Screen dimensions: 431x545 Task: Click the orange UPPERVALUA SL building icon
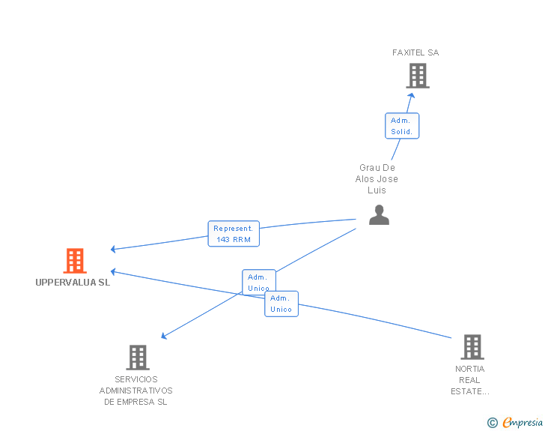[x=75, y=261]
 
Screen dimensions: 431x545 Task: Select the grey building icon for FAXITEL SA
[x=417, y=76]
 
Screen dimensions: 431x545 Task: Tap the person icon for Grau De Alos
[x=379, y=215]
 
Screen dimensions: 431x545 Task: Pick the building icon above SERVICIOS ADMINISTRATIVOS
[x=138, y=358]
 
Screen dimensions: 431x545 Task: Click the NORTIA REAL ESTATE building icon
[x=472, y=347]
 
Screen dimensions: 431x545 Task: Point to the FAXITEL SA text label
[x=415, y=52]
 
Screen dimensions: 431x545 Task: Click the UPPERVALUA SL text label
[x=73, y=283]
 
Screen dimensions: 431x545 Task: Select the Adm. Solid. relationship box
[x=402, y=126]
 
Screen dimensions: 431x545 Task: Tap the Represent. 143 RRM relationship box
[x=234, y=234]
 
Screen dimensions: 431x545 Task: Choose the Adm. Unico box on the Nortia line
[x=281, y=304]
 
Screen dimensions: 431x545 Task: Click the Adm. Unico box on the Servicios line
[x=259, y=283]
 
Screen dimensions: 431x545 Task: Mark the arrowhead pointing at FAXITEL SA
[x=410, y=94]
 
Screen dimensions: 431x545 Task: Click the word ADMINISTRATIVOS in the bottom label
[x=136, y=391]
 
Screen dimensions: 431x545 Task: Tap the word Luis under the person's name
[x=377, y=190]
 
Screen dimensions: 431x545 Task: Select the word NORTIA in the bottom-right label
[x=470, y=369]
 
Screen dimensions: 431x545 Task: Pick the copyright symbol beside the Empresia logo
[x=493, y=423]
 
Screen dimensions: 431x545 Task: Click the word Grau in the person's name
[x=368, y=168]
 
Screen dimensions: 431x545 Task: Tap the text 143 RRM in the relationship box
[x=234, y=240]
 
